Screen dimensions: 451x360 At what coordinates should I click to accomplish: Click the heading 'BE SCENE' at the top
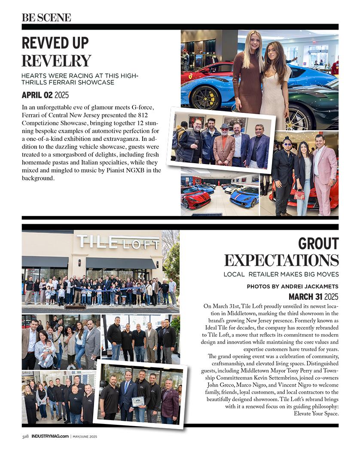[x=46, y=18]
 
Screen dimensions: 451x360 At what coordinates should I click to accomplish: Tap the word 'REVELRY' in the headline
[x=56, y=61]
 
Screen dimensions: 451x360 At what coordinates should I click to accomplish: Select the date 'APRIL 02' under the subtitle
[x=37, y=95]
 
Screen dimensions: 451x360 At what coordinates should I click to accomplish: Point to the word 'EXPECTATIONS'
[x=281, y=260]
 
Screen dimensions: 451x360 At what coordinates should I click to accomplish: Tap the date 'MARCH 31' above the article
[x=305, y=297]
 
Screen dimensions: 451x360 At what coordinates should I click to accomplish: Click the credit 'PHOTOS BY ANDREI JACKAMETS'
[x=293, y=286]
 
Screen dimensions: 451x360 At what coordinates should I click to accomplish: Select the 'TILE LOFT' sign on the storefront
[x=118, y=242]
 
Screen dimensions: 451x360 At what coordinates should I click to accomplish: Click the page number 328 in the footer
[x=25, y=437]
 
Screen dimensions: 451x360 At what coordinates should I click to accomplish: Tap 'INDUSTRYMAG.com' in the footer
[x=50, y=437]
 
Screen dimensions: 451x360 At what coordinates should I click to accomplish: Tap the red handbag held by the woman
[x=299, y=195]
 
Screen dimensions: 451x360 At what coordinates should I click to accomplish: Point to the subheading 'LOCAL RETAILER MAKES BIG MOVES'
[x=281, y=274]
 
